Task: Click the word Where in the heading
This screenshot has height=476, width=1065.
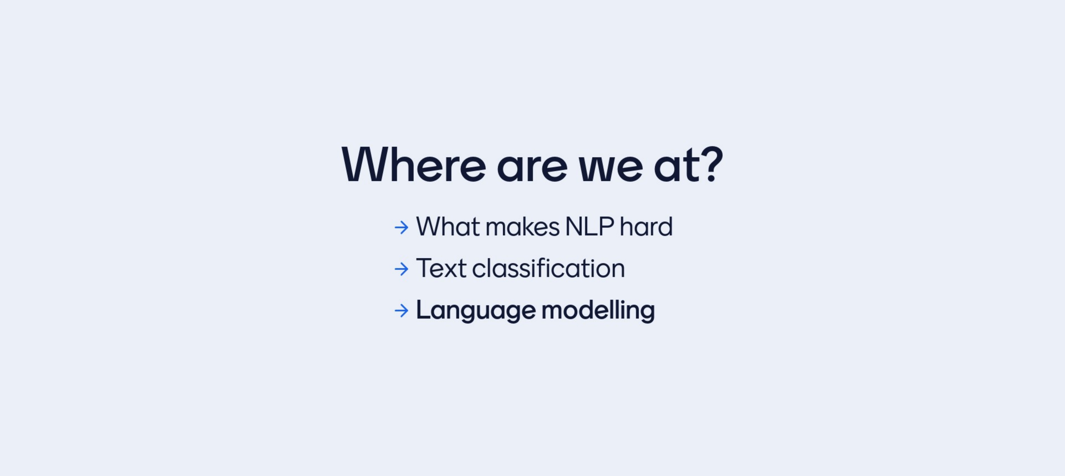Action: (414, 164)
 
